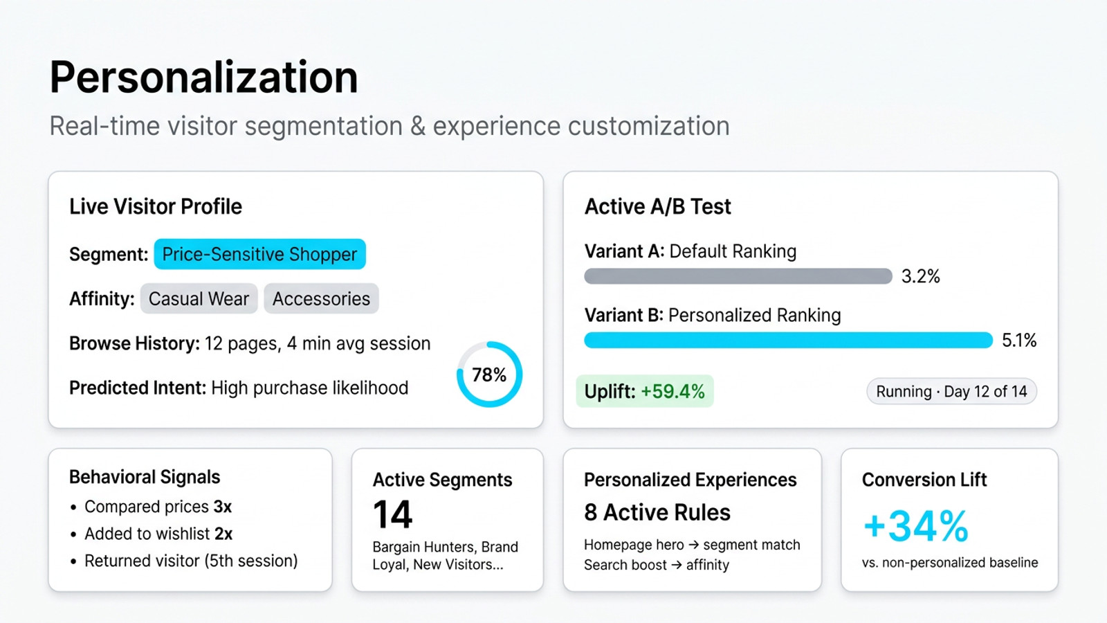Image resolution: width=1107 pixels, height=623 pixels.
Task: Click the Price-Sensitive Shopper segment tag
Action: click(x=259, y=254)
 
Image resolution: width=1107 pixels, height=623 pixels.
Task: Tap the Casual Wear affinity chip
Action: click(x=199, y=298)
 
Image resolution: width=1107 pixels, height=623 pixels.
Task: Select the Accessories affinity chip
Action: click(x=321, y=298)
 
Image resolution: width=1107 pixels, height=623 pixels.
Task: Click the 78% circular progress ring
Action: click(x=489, y=374)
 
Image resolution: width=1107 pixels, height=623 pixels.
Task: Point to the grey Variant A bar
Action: click(x=738, y=276)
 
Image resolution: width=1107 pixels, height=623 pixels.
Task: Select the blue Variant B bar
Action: click(x=788, y=340)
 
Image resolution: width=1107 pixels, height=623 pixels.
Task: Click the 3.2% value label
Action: click(x=920, y=276)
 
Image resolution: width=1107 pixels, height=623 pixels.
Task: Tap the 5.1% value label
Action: click(x=1019, y=340)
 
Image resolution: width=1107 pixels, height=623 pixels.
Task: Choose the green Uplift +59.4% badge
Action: click(x=644, y=391)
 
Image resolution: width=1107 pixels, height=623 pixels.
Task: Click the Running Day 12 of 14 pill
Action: click(x=951, y=391)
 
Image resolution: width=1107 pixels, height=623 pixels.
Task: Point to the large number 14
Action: click(x=392, y=514)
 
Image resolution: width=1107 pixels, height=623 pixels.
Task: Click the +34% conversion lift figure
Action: click(x=915, y=526)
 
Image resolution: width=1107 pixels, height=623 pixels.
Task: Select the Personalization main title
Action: click(x=203, y=77)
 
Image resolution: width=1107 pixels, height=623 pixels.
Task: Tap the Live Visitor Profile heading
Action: click(x=156, y=206)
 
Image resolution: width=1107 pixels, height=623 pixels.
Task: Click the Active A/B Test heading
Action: click(x=657, y=206)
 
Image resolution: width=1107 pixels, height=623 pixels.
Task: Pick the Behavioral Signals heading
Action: click(x=145, y=477)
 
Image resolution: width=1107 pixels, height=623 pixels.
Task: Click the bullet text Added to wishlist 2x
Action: click(x=158, y=534)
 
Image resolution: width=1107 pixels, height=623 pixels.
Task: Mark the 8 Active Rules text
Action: click(x=657, y=512)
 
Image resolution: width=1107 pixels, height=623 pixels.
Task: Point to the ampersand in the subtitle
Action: click(x=417, y=127)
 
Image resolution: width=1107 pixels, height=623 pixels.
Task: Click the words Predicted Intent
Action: click(x=137, y=388)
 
